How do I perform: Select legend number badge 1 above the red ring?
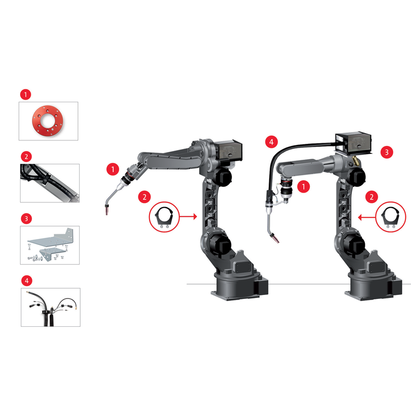pyautogui.click(x=26, y=95)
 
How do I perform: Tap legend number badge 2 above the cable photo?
pyautogui.click(x=26, y=157)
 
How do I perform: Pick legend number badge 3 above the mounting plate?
pyautogui.click(x=26, y=219)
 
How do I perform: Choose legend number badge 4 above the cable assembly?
pyautogui.click(x=27, y=281)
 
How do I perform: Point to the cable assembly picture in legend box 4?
pyautogui.click(x=50, y=307)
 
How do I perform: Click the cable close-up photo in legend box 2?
pyautogui.click(x=50, y=183)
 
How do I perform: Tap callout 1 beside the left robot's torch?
pyautogui.click(x=113, y=170)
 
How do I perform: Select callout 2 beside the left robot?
pyautogui.click(x=144, y=197)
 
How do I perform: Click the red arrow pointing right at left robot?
pyautogui.click(x=188, y=216)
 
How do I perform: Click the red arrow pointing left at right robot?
pyautogui.click(x=367, y=217)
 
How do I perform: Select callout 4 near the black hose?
pyautogui.click(x=272, y=142)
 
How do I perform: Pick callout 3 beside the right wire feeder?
pyautogui.click(x=387, y=152)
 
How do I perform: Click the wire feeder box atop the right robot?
pyautogui.click(x=353, y=143)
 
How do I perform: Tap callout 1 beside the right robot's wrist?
pyautogui.click(x=304, y=186)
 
